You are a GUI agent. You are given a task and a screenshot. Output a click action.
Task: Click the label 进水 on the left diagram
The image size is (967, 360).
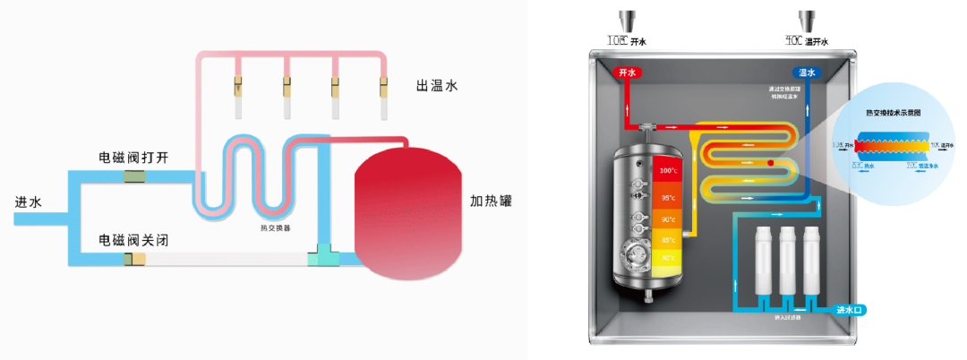pyautogui.click(x=29, y=202)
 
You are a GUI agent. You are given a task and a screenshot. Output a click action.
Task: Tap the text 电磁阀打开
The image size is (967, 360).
pyautogui.click(x=133, y=158)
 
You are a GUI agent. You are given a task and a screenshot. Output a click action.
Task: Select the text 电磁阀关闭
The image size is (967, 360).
pyautogui.click(x=133, y=241)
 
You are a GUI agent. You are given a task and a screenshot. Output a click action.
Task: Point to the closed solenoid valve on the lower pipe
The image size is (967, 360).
pyautogui.click(x=135, y=260)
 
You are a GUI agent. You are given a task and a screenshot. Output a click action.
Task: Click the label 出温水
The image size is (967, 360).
pyautogui.click(x=436, y=87)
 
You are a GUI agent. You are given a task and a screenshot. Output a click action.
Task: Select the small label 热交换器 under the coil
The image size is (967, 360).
pyautogui.click(x=275, y=227)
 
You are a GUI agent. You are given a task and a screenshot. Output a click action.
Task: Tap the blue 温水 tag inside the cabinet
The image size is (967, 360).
pyautogui.click(x=808, y=73)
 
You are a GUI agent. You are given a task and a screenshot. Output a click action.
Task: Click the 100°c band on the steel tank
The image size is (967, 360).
pyautogui.click(x=667, y=170)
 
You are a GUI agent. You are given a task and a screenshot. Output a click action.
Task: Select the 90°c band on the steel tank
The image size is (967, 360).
pyautogui.click(x=667, y=219)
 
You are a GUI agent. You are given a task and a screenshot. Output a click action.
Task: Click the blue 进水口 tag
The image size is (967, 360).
pyautogui.click(x=848, y=310)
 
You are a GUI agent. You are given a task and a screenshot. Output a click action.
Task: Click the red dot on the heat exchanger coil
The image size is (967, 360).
pyautogui.click(x=770, y=163)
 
